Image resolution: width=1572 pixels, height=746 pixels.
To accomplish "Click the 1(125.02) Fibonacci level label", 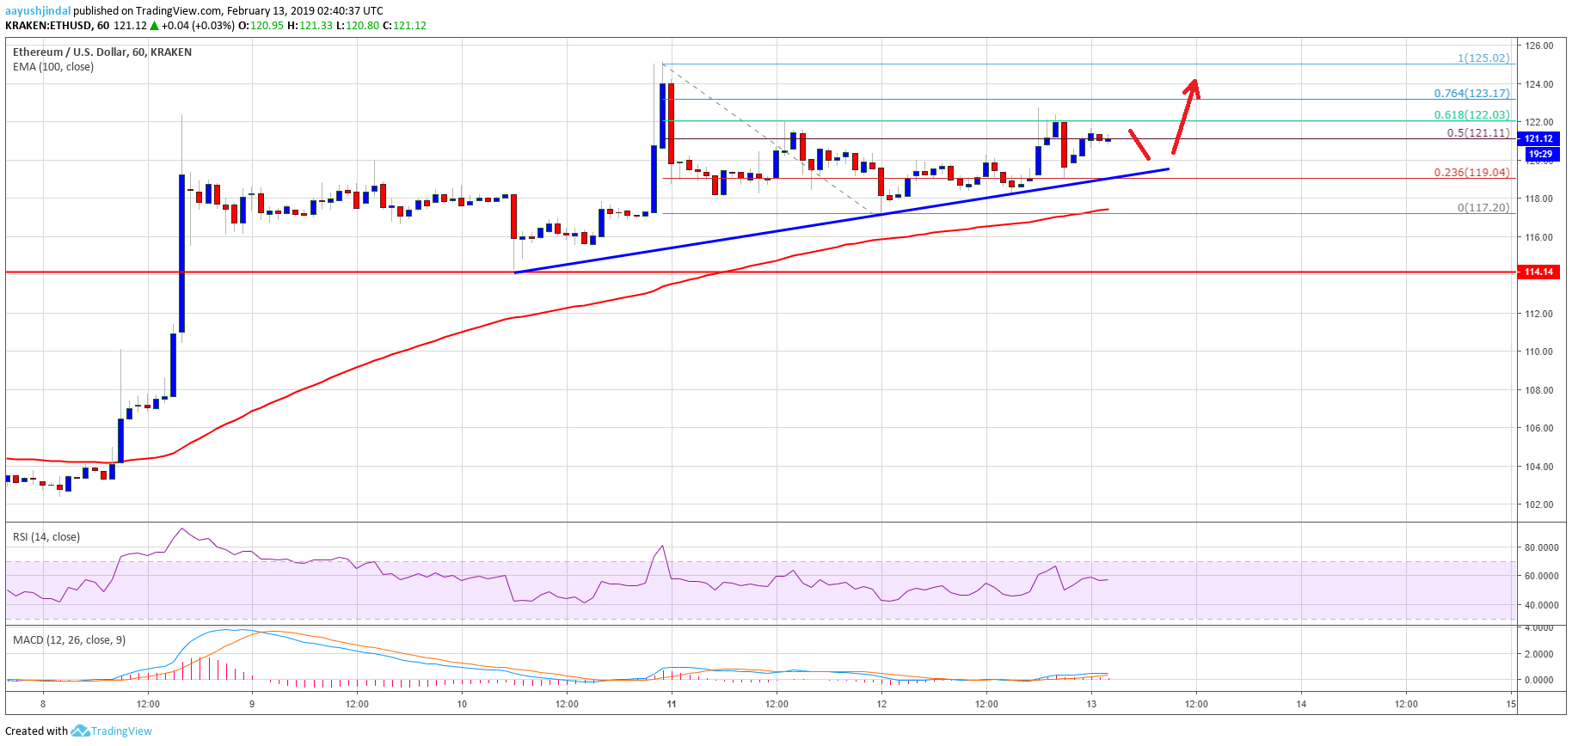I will [1483, 58].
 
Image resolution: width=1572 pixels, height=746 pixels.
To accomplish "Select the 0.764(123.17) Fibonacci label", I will [1471, 94].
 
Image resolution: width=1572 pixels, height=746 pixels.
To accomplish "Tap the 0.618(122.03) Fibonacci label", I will [1471, 115].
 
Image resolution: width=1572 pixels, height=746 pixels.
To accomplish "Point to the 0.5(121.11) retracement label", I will [1478, 133].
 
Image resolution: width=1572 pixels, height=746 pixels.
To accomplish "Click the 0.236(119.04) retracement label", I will [1471, 173].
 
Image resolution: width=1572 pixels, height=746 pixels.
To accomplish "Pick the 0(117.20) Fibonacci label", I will [1483, 208].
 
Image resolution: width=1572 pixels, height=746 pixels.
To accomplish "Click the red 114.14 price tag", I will [1538, 272].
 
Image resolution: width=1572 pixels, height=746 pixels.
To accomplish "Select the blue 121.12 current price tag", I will [1538, 138].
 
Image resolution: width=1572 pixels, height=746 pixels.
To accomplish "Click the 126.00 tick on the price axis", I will [1539, 46].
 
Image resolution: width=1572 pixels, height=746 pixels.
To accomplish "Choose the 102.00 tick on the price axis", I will [1539, 505].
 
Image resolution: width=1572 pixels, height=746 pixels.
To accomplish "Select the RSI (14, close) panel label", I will [46, 537].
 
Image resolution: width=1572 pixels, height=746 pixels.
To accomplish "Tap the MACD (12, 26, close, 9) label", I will [69, 640].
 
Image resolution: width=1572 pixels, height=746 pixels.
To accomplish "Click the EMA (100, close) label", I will [53, 67].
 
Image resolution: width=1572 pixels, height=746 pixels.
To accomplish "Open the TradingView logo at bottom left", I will [112, 731].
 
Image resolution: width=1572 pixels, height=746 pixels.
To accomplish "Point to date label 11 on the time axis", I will [672, 705].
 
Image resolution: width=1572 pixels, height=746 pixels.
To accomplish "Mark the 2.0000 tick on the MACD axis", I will [1539, 654].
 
